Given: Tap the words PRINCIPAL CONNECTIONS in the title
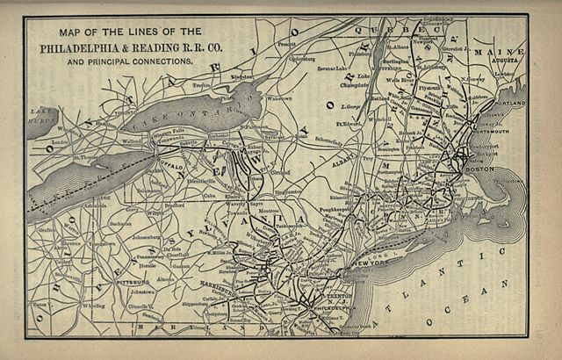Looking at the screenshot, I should coord(141,62).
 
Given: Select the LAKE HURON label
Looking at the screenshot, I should coord(40,115).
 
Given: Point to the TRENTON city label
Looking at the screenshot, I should coord(328,297).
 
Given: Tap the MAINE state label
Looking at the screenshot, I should coord(499,53).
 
